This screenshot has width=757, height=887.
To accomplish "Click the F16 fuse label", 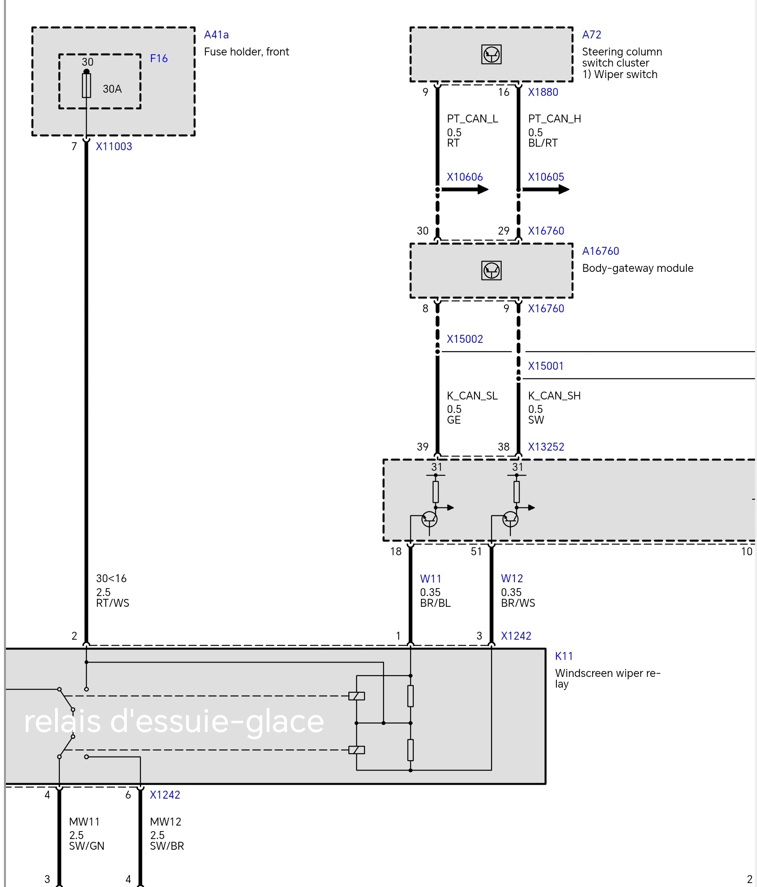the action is tap(159, 58).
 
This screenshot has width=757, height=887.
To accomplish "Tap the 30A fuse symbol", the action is tap(86, 85).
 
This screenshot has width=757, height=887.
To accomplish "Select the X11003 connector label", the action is tap(114, 146).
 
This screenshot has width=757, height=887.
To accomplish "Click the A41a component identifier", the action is tap(216, 34).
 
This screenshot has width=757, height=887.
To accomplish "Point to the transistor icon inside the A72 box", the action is tap(491, 54).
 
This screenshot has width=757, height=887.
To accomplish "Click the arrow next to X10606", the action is tap(465, 189).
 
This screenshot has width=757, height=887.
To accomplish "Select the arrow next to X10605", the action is tap(545, 189).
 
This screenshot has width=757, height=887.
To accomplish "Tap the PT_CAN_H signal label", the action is tap(554, 119).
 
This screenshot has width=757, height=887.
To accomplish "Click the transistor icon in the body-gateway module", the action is tap(491, 271).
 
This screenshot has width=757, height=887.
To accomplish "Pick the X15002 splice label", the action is tap(465, 339).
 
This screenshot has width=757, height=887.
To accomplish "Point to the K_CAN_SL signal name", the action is tap(472, 396).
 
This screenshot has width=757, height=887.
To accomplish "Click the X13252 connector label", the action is tap(546, 447).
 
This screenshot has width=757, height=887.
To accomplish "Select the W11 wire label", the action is tap(430, 579).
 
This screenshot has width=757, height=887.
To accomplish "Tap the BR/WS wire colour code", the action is tap(518, 603).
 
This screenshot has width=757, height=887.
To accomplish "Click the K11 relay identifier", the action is tap(564, 656).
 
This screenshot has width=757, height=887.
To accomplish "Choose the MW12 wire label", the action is tap(166, 822).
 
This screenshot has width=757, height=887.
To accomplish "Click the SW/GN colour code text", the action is tap(86, 846).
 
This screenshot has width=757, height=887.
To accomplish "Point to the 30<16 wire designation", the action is tap(111, 579).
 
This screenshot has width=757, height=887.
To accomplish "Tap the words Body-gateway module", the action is tap(638, 268).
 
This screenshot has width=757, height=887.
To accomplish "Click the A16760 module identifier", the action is tap(600, 251).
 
